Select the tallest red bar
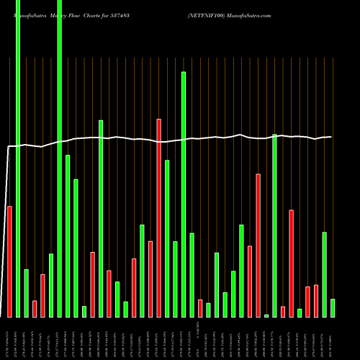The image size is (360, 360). (x=158, y=217)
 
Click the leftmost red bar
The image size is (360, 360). (x=9, y=261)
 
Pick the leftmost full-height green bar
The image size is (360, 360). (x=18, y=158)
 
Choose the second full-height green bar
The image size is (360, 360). (x=59, y=158)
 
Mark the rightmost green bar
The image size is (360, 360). (x=333, y=308)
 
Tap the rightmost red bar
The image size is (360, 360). (x=316, y=301)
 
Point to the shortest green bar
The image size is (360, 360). (x=266, y=315)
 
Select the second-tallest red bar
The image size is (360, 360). (x=258, y=245)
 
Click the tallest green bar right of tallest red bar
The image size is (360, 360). (x=184, y=194)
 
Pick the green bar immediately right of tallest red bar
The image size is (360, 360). (x=167, y=238)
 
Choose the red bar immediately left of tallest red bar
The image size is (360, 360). (x=150, y=279)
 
